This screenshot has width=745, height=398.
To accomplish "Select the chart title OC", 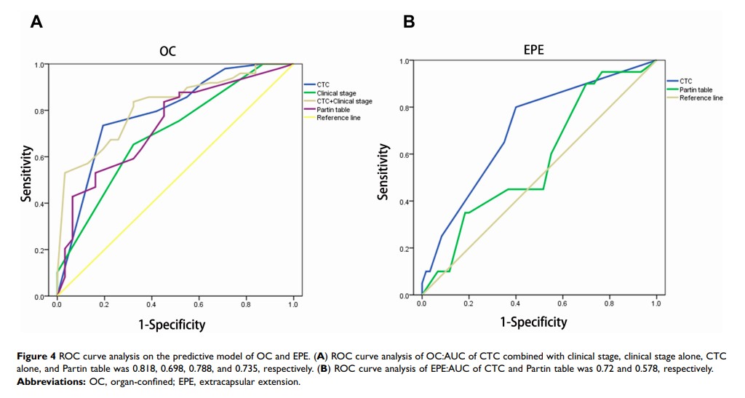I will (x=167, y=52).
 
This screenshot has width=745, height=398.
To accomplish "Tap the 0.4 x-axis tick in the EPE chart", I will (x=515, y=302).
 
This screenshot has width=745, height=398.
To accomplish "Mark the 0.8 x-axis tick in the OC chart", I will (x=246, y=306).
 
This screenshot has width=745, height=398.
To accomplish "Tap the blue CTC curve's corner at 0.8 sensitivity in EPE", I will (x=516, y=107).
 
